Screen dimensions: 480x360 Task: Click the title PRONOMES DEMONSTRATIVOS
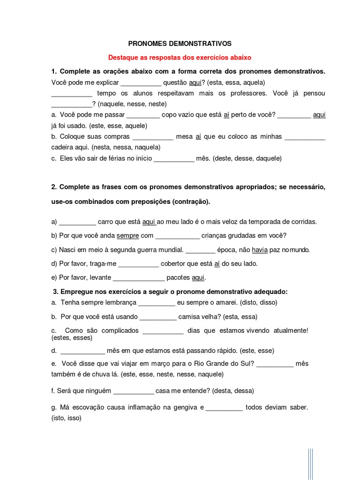click(x=180, y=44)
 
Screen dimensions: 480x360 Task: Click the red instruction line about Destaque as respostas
click(x=180, y=58)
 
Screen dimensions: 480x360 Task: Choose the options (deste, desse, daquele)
click(x=247, y=158)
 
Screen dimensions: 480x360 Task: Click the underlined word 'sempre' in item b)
click(x=127, y=236)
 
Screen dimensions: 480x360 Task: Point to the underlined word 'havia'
click(x=260, y=250)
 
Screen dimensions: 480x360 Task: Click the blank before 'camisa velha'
click(x=158, y=316)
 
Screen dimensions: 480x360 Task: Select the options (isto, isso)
click(x=66, y=418)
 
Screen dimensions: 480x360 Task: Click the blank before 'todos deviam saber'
click(x=224, y=408)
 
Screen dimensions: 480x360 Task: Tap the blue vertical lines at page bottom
click(x=310, y=464)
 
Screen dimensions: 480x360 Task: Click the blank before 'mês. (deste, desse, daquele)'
click(x=174, y=158)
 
